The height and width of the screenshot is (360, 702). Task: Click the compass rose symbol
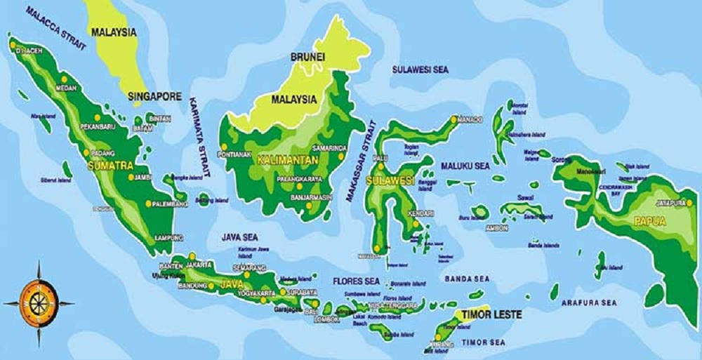pyautogui.click(x=38, y=303)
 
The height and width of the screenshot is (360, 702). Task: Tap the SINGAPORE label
pyautogui.click(x=155, y=96)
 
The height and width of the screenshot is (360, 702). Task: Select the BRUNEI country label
pyautogui.click(x=307, y=55)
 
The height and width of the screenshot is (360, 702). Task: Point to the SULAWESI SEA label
pyautogui.click(x=420, y=70)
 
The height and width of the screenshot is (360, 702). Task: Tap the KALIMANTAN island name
pyautogui.click(x=288, y=161)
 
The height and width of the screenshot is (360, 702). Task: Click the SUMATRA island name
pyautogui.click(x=111, y=166)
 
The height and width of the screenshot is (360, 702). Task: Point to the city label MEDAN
pyautogui.click(x=65, y=88)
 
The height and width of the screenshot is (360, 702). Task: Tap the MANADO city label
pyautogui.click(x=470, y=120)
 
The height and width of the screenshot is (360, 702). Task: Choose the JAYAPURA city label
pyautogui.click(x=669, y=203)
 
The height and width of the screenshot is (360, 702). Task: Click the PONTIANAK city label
pyautogui.click(x=235, y=154)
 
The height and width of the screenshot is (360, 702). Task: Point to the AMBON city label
pyautogui.click(x=496, y=228)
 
